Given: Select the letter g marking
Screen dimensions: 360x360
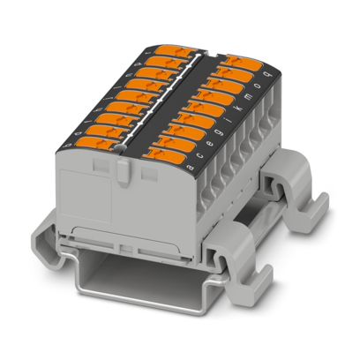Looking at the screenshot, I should (218, 133).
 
